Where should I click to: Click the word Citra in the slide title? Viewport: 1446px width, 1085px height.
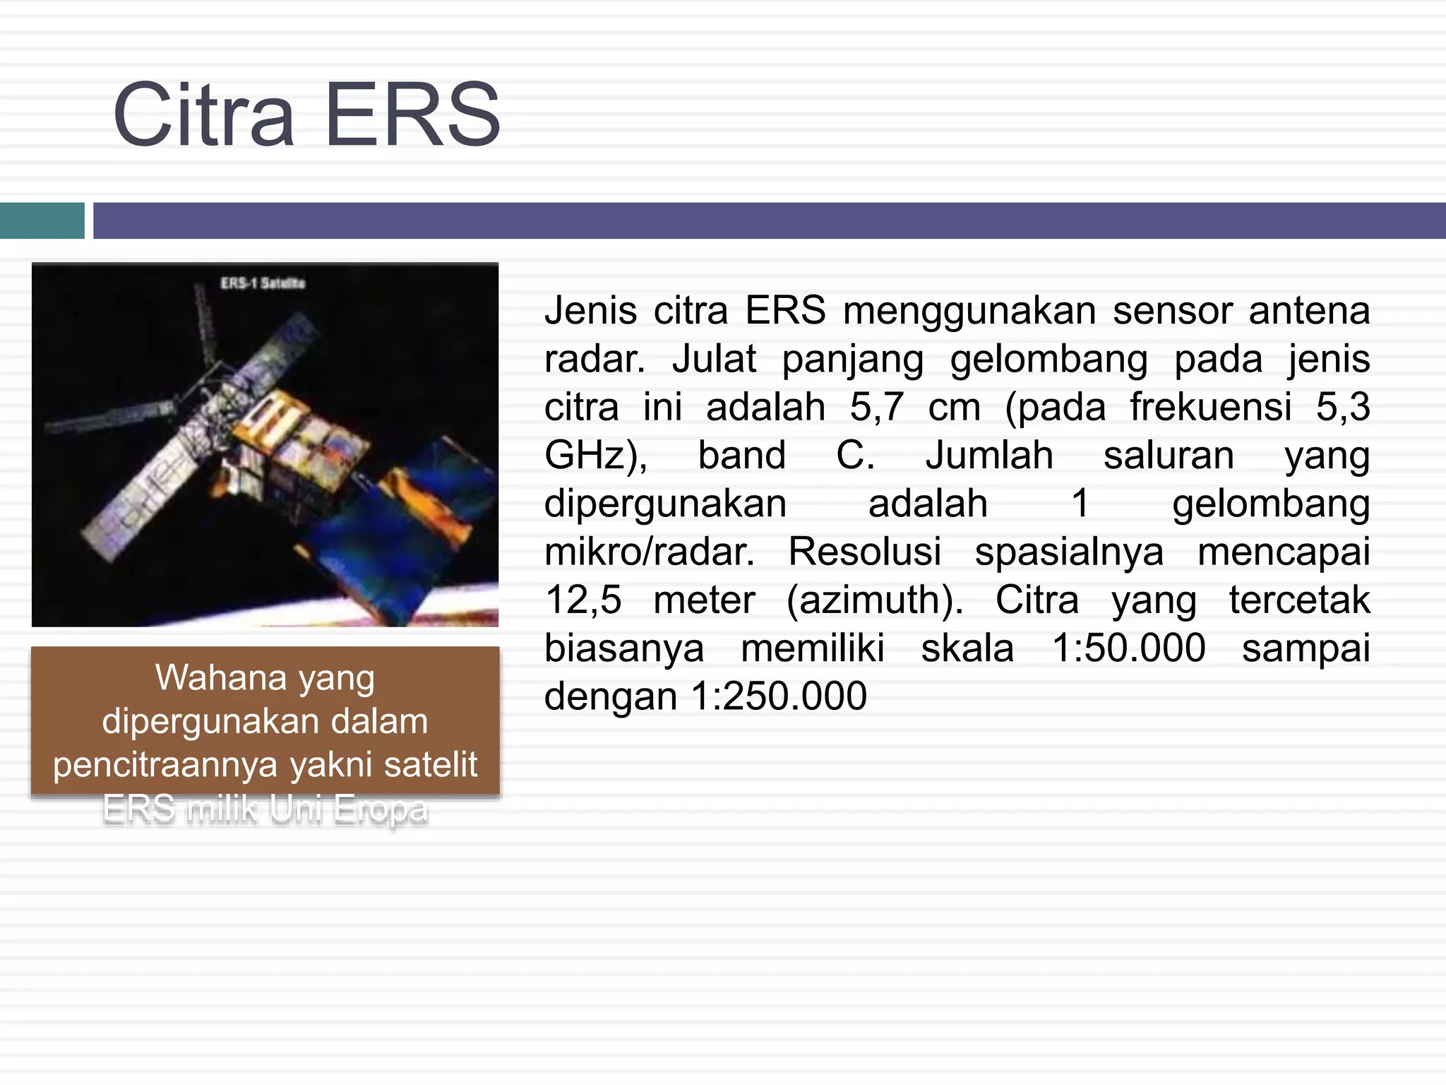(x=203, y=115)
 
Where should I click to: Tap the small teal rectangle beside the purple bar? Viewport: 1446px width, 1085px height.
(x=42, y=220)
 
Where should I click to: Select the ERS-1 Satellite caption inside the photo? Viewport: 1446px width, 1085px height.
(x=263, y=283)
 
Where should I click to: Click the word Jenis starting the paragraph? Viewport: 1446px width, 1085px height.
(x=590, y=311)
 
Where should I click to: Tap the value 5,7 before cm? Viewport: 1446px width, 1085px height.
(x=876, y=408)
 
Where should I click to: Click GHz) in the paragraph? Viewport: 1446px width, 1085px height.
(x=595, y=456)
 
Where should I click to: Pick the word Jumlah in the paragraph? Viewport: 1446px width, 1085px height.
(x=988, y=456)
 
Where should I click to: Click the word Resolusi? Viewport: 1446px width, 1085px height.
(x=864, y=552)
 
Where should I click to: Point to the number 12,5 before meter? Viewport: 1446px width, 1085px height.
(x=582, y=600)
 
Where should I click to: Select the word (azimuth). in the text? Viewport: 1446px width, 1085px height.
(x=875, y=600)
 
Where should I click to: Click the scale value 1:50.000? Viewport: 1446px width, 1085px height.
(x=1128, y=648)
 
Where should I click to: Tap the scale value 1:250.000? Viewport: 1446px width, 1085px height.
(x=779, y=696)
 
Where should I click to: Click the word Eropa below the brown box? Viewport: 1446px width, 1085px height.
(x=381, y=810)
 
